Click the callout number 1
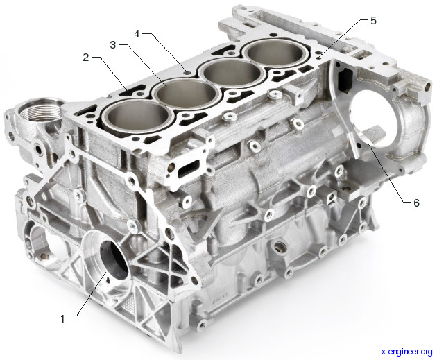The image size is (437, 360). pos(62,318)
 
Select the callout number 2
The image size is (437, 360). pos(86,58)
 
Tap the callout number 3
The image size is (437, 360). pos(113,44)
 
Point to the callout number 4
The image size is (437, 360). pos(137,34)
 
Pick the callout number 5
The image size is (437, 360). pos(373,20)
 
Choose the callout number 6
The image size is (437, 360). pos(416,203)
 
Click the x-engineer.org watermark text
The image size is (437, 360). pos(407,352)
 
